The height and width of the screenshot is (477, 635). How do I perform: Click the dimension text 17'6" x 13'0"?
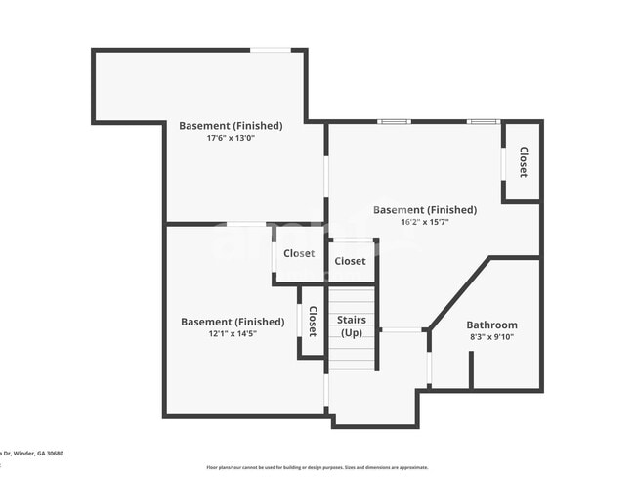pos(231,138)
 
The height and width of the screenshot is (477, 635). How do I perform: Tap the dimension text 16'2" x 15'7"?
pos(425,222)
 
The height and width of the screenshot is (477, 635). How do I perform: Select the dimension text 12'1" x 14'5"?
pos(233,333)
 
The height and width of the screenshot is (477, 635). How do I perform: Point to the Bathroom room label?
pos(491,325)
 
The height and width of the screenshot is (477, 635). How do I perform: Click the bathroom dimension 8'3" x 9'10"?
pos(491,337)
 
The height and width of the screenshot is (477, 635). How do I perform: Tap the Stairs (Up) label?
pos(351,326)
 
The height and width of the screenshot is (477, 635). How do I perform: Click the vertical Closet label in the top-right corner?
pos(523,161)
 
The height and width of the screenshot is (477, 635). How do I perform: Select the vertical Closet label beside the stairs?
pos(313,322)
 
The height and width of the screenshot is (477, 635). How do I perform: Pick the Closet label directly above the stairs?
pos(350,261)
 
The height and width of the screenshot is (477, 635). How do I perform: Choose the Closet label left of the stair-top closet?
pos(299,253)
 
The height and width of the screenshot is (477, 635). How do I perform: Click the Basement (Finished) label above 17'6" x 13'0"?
pos(231,125)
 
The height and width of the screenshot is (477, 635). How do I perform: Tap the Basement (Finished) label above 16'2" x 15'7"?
pos(425,209)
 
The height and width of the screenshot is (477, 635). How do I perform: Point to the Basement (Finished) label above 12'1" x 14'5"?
pos(233,321)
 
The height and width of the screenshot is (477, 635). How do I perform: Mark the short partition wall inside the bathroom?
pos(470,370)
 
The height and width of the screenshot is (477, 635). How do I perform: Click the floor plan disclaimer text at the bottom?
pos(317,467)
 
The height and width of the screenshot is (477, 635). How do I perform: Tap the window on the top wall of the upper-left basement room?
pos(270,50)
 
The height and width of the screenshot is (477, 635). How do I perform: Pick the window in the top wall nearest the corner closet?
pos(483,121)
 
